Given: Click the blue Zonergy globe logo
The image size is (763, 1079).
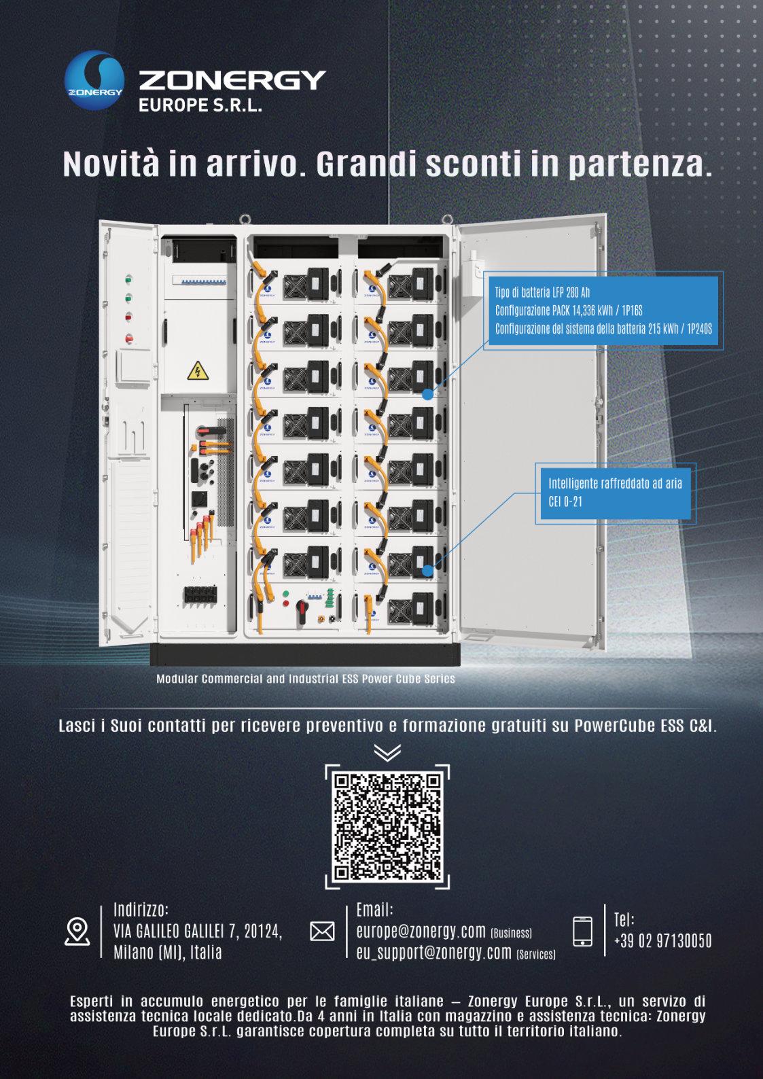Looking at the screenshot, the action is (x=94, y=80).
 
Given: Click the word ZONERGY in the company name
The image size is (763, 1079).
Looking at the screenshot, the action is (x=232, y=80).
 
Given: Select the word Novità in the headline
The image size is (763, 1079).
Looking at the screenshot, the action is (x=111, y=164).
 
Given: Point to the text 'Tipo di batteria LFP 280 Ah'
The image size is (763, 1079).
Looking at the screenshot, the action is (x=542, y=292).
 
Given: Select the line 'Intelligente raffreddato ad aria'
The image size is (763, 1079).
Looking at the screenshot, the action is (x=615, y=483).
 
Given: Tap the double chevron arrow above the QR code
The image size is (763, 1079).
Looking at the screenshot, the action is (x=387, y=752).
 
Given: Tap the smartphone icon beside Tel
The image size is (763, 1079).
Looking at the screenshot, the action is (x=582, y=931).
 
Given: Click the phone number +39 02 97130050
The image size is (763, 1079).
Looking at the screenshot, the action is (x=663, y=940).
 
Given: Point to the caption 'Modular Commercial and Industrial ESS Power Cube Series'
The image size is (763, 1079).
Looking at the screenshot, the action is (x=306, y=679).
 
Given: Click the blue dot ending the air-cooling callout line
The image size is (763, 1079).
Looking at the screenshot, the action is (x=427, y=571).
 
